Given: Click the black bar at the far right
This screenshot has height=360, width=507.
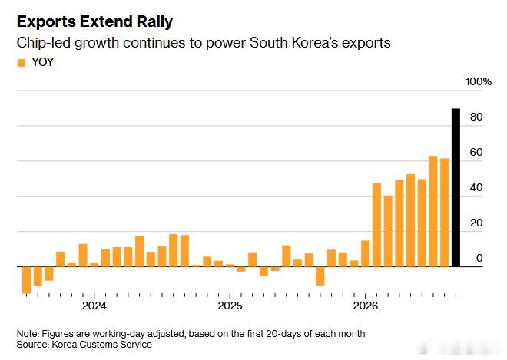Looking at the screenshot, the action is point(456,188).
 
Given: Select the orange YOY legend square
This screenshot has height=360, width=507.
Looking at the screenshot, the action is point(22,63).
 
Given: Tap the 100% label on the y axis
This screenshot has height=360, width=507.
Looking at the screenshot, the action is point(479,82).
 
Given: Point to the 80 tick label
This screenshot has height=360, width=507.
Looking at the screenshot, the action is point(476,117).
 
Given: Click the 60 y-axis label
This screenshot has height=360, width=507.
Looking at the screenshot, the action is point(476,152).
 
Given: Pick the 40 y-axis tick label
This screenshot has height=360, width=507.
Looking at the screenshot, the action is point(476,187).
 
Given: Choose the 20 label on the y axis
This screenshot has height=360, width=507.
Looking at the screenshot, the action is point(476,223).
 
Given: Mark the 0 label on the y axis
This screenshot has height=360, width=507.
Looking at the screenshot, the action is point(479,258).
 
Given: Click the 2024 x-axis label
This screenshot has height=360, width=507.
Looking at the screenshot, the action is point(94,306).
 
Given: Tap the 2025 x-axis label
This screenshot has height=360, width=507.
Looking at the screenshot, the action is point(230,306).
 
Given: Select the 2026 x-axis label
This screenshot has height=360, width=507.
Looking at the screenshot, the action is point(366,306).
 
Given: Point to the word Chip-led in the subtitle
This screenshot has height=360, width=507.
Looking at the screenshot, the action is point(44,43).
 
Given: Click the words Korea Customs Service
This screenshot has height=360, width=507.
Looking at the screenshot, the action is point(102,345).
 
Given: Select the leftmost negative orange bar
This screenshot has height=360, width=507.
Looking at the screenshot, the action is point(27,280).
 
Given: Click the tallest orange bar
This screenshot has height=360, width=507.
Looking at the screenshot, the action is point(433,211).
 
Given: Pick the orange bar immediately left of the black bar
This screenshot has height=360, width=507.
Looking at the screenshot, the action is point(445,213).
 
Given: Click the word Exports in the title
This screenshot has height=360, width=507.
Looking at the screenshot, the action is point(46,22).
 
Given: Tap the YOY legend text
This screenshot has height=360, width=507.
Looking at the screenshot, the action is point(43,62).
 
